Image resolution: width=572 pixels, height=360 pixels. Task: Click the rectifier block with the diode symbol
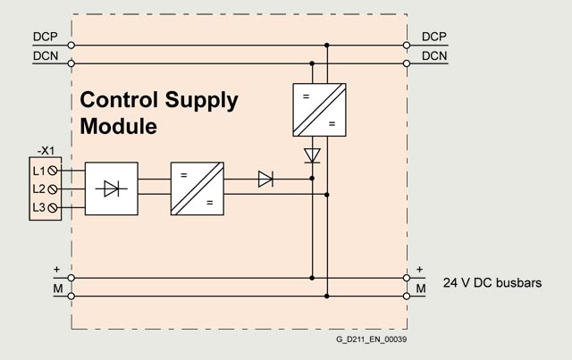(112, 188)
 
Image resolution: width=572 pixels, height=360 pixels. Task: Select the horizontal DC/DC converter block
(197, 188)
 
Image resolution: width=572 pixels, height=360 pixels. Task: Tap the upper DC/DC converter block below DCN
(319, 109)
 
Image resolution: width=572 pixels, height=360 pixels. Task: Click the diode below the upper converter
(312, 155)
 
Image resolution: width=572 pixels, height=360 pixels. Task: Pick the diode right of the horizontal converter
(265, 179)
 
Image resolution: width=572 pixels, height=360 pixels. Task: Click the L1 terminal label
(39, 170)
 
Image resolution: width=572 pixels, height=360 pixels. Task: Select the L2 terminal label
(39, 188)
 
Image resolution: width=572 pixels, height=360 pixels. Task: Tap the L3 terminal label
(39, 208)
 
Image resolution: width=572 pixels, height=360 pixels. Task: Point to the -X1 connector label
(46, 151)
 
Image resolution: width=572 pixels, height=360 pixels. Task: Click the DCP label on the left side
(46, 37)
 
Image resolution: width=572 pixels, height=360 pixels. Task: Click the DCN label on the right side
(434, 55)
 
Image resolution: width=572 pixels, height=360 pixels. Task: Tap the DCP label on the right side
(434, 37)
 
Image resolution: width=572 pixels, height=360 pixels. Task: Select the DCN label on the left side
(46, 55)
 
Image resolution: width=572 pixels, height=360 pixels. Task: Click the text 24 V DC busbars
(492, 283)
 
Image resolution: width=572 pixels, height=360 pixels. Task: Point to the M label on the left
(56, 291)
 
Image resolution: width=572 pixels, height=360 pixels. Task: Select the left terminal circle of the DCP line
(71, 45)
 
